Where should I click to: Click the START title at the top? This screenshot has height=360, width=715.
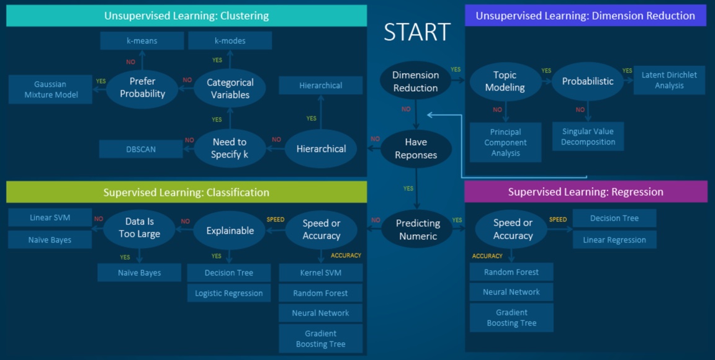point(416,32)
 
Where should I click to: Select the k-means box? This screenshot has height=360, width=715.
point(142,41)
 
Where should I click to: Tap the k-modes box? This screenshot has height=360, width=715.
point(230,41)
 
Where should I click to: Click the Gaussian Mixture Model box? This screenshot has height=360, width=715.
point(50,89)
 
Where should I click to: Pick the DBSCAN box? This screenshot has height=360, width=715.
point(141,149)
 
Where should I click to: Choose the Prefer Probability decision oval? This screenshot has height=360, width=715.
point(142,88)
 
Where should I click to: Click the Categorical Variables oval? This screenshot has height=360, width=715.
point(230,89)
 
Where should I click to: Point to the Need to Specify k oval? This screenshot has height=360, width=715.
point(230,148)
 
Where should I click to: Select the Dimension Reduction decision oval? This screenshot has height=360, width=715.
point(415,81)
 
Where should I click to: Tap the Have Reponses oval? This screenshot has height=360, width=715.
point(416,149)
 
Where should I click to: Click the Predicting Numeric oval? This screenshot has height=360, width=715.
point(417,229)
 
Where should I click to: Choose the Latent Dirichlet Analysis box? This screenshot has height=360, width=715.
point(669,80)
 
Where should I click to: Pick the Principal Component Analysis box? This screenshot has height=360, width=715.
point(505,142)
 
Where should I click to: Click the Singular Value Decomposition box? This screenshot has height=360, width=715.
point(588,137)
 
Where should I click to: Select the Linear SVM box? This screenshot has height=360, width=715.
point(50,218)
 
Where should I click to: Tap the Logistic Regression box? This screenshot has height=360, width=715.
point(228,293)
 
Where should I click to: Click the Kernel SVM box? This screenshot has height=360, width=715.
point(320,272)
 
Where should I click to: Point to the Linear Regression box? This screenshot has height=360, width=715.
point(614,240)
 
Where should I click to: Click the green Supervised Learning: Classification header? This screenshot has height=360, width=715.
point(186,192)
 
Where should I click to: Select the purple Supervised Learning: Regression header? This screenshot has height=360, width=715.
point(585,192)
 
